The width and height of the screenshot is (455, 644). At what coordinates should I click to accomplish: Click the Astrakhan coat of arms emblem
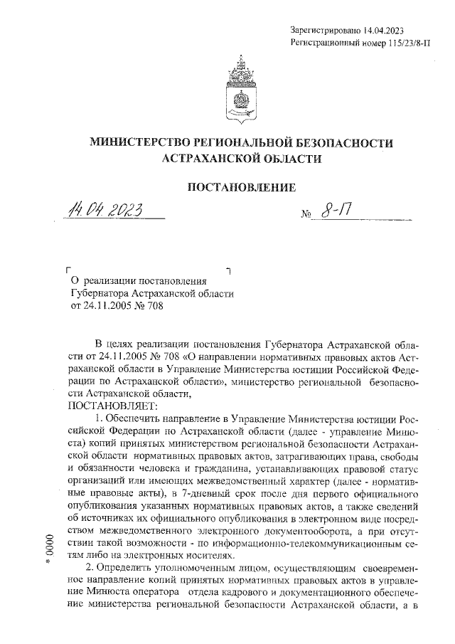(240, 89)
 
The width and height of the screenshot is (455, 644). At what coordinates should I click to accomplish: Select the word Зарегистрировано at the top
(326, 30)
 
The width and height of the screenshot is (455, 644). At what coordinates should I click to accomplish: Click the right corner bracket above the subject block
(227, 271)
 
